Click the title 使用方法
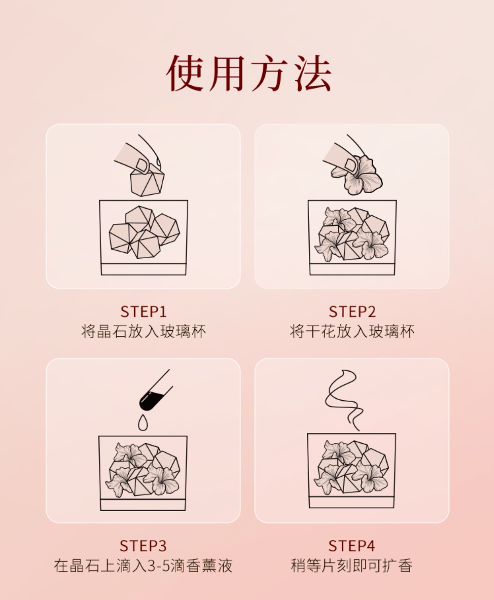pos(249,73)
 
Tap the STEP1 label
pos(144,311)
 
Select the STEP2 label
pos(352,311)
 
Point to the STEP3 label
pos(143,546)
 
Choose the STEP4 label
pos(352,546)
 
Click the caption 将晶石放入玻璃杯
pos(144,331)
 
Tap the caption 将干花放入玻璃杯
pos(352,331)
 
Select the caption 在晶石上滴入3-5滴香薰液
pos(143,566)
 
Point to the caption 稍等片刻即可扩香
pos(352,566)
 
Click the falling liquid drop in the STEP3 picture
pos(143,422)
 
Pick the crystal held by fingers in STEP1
pos(147,182)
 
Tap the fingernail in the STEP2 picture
pos(350,164)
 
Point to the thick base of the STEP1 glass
pos(144,269)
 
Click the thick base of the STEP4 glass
pos(352,502)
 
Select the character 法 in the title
pos(313,73)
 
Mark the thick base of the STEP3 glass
pos(143,505)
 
